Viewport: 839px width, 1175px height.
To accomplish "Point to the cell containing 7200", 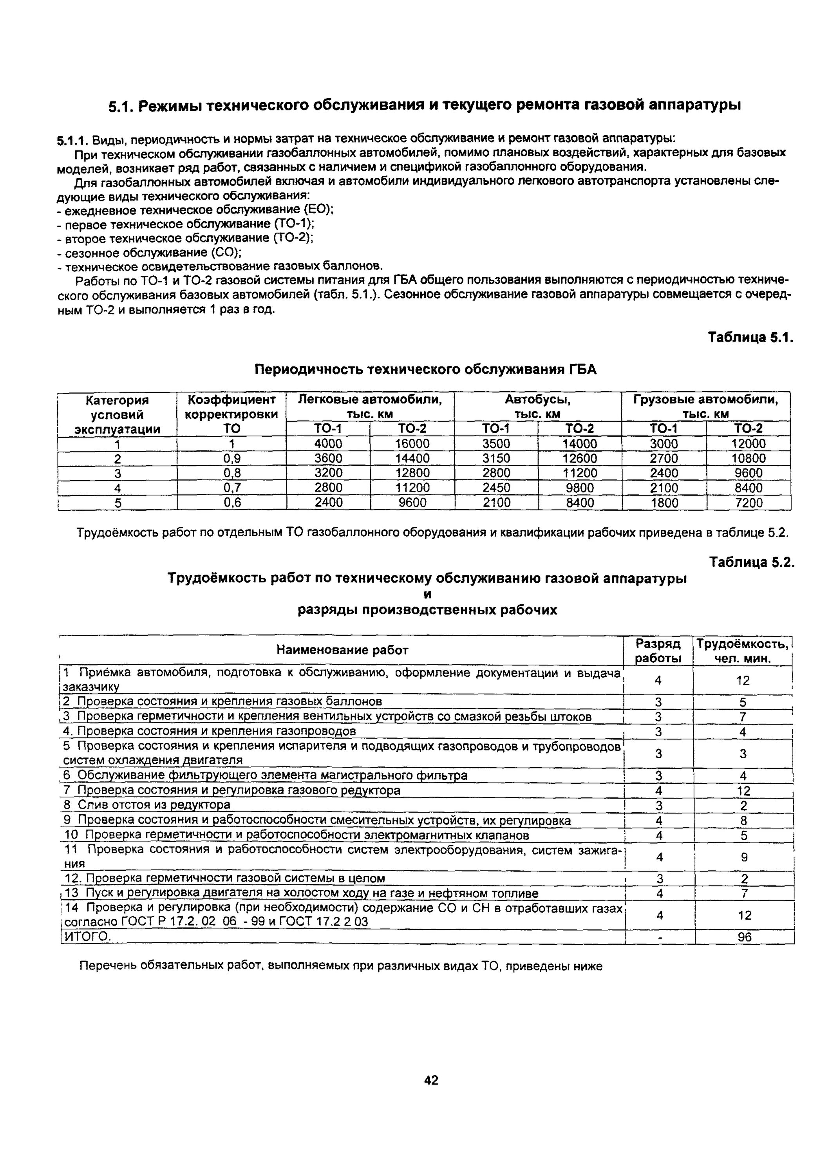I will pyautogui.click(x=749, y=503).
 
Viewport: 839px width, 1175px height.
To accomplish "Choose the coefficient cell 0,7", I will pyautogui.click(x=232, y=488).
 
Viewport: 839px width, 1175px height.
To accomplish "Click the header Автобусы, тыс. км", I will pyautogui.click(x=537, y=407).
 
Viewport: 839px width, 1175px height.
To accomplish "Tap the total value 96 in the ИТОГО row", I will pyautogui.click(x=745, y=937).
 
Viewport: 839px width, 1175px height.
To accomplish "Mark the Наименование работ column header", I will pyautogui.click(x=342, y=650).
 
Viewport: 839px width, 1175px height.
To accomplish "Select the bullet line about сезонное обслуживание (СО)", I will pyautogui.click(x=149, y=253).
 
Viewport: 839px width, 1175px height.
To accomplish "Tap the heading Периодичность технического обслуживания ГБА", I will pyautogui.click(x=426, y=369).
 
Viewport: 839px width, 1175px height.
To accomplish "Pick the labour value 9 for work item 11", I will pyautogui.click(x=744, y=857).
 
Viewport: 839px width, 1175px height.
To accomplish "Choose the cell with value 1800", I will pyautogui.click(x=664, y=503).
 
